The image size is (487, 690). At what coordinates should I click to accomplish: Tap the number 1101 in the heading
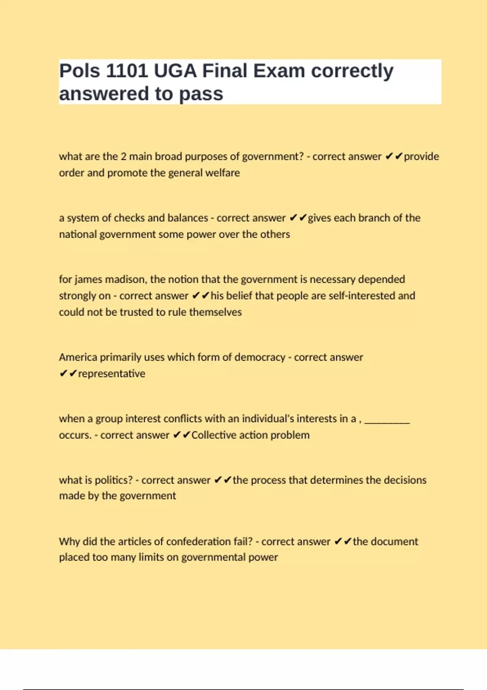tap(127, 71)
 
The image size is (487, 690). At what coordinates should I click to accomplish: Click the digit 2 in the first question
tap(124, 157)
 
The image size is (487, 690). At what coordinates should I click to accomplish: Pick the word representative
tap(112, 374)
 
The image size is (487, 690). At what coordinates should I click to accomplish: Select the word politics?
tap(113, 480)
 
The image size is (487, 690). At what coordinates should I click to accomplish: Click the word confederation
tap(198, 542)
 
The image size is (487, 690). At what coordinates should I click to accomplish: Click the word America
tap(78, 358)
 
